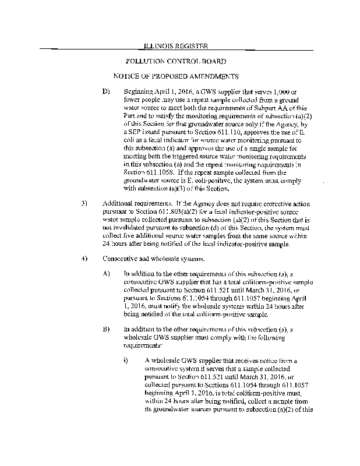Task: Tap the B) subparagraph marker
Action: tap(105, 330)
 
